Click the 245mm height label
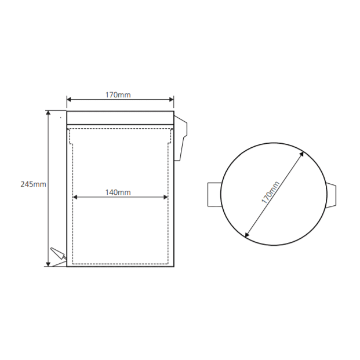pyautogui.click(x=33, y=184)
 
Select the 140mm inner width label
pyautogui.click(x=118, y=192)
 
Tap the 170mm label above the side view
pyautogui.click(x=118, y=95)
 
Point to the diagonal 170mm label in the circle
pyautogui.click(x=271, y=192)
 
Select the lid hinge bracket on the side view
pyautogui.click(x=181, y=138)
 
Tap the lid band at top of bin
pyautogui.click(x=121, y=118)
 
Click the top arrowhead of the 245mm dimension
pyautogui.click(x=48, y=112)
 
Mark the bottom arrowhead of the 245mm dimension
pyautogui.click(x=48, y=264)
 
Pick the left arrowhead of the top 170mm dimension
pyautogui.click(x=69, y=99)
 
